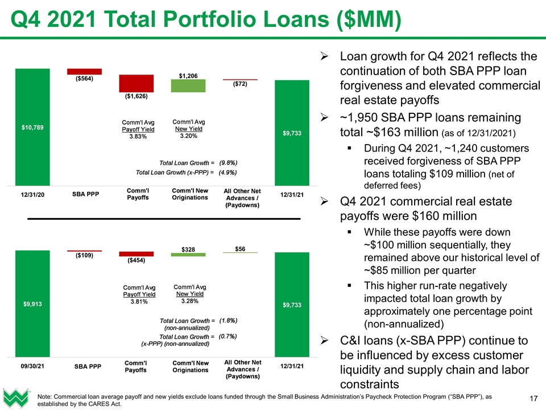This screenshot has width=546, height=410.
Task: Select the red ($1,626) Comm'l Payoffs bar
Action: [136, 83]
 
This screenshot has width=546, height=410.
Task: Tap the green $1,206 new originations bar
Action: [188, 85]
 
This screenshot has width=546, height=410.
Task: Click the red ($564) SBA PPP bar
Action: [84, 72]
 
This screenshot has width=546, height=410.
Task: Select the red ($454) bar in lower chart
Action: [136, 254]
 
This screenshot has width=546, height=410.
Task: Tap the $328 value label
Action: [188, 249]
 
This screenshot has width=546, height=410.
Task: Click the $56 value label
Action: [241, 248]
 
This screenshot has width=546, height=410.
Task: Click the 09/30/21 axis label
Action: [32, 367]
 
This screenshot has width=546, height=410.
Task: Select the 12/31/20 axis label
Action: [32, 194]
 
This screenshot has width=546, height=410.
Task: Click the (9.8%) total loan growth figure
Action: [227, 162]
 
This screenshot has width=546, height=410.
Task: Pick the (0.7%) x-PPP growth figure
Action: [227, 337]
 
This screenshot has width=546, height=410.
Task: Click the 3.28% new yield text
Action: [188, 301]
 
